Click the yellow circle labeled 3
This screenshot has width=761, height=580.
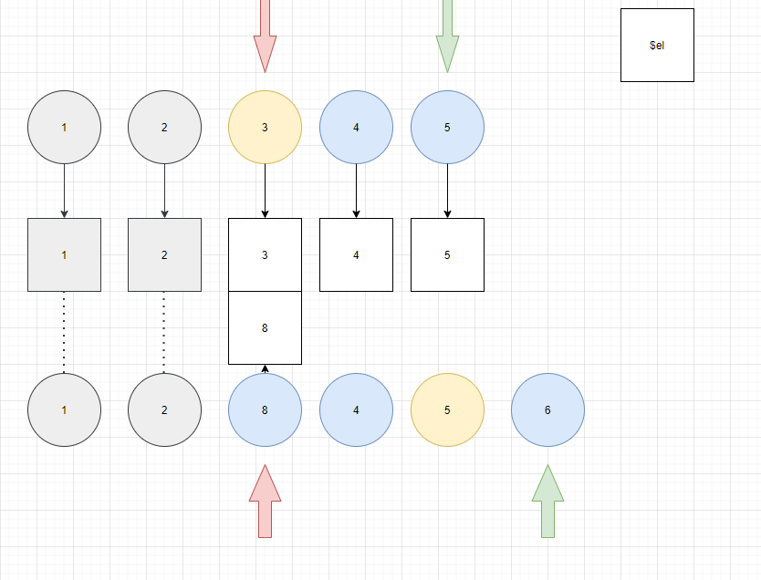[265, 127]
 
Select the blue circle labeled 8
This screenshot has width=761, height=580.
[265, 409]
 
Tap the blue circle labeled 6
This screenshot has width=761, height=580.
[547, 409]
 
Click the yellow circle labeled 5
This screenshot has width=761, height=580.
[447, 409]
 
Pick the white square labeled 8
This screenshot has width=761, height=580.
[265, 327]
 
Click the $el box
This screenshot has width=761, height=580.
[657, 45]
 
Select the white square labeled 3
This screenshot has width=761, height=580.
[265, 254]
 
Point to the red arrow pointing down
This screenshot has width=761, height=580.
[265, 36]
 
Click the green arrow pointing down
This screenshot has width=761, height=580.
[447, 36]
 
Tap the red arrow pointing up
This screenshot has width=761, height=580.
[265, 502]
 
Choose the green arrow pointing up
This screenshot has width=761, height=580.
[547, 502]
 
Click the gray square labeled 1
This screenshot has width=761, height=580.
[64, 254]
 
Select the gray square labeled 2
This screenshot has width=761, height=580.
[164, 254]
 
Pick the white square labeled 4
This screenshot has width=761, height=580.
[356, 254]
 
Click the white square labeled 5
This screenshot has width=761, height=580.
[447, 254]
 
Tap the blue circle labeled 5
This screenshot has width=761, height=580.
[447, 127]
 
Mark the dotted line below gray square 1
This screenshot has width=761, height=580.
[64, 332]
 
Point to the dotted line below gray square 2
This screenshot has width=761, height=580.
[164, 332]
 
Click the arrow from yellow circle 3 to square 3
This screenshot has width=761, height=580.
[265, 190]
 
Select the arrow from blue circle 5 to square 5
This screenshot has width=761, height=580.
[447, 190]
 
